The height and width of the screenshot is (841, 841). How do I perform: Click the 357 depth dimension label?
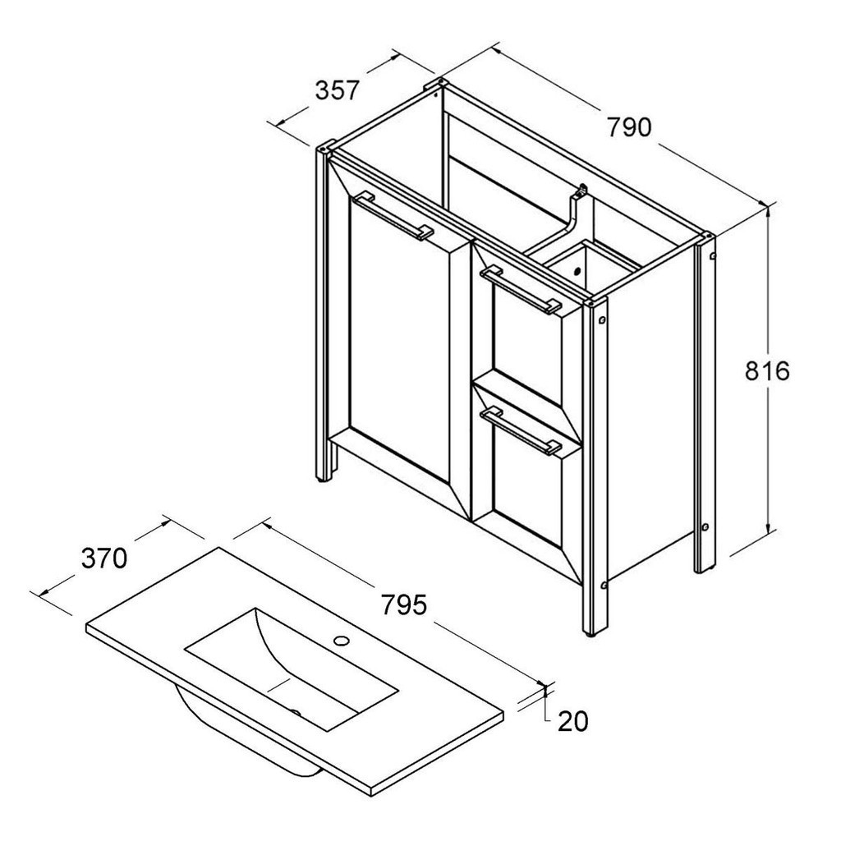tap(336, 90)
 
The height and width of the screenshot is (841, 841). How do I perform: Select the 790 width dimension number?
tap(628, 127)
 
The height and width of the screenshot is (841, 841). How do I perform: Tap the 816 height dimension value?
tap(767, 370)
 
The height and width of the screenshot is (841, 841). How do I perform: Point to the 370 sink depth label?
tap(104, 558)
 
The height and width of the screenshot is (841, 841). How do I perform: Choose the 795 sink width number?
tap(404, 604)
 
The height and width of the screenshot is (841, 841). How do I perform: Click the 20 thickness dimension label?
tap(572, 721)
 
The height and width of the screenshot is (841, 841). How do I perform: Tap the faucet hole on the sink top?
tap(341, 640)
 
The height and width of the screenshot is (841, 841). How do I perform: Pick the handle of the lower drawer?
tap(521, 430)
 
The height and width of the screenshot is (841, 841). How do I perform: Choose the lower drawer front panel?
tap(527, 484)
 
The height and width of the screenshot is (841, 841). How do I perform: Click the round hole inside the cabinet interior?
tap(577, 271)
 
